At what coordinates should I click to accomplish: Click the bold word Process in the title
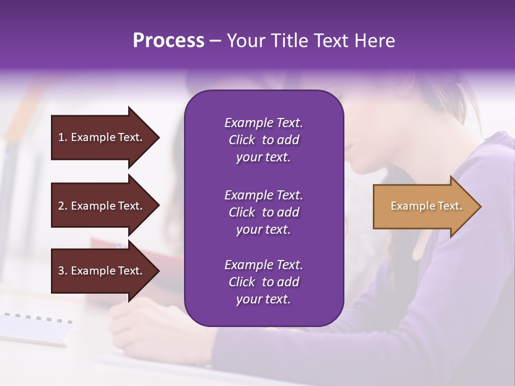[168, 41]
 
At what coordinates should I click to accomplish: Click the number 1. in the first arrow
[63, 137]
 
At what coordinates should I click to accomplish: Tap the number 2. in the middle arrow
[63, 206]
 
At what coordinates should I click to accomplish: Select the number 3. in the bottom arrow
[63, 271]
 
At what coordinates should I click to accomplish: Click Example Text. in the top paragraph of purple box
[263, 123]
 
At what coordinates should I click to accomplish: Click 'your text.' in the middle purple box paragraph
[263, 229]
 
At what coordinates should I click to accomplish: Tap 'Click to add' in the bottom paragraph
[263, 282]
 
